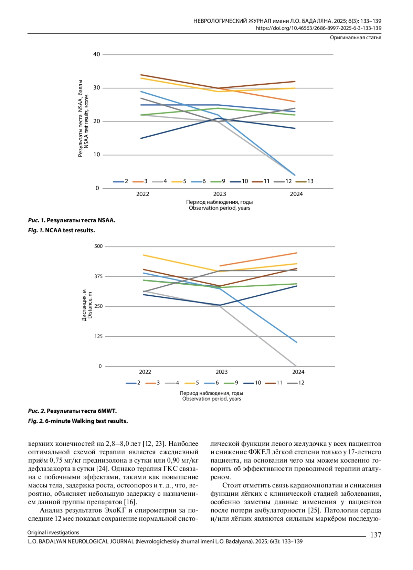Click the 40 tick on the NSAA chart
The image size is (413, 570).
[96, 54]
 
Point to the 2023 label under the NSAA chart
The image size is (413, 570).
[220, 194]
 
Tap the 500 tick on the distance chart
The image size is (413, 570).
[98, 246]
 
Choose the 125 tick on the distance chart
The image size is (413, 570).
[98, 336]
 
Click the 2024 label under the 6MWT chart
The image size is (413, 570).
[298, 372]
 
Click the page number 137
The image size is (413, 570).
[375, 535]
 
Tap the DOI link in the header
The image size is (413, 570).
[318, 28]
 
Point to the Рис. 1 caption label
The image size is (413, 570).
[36, 220]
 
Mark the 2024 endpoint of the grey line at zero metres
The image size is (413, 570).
[296, 366]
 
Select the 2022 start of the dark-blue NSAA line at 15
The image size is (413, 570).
[141, 138]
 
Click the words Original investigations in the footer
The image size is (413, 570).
[53, 532]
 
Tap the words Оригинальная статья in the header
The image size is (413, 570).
[355, 38]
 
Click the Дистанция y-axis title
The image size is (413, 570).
[84, 305]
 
